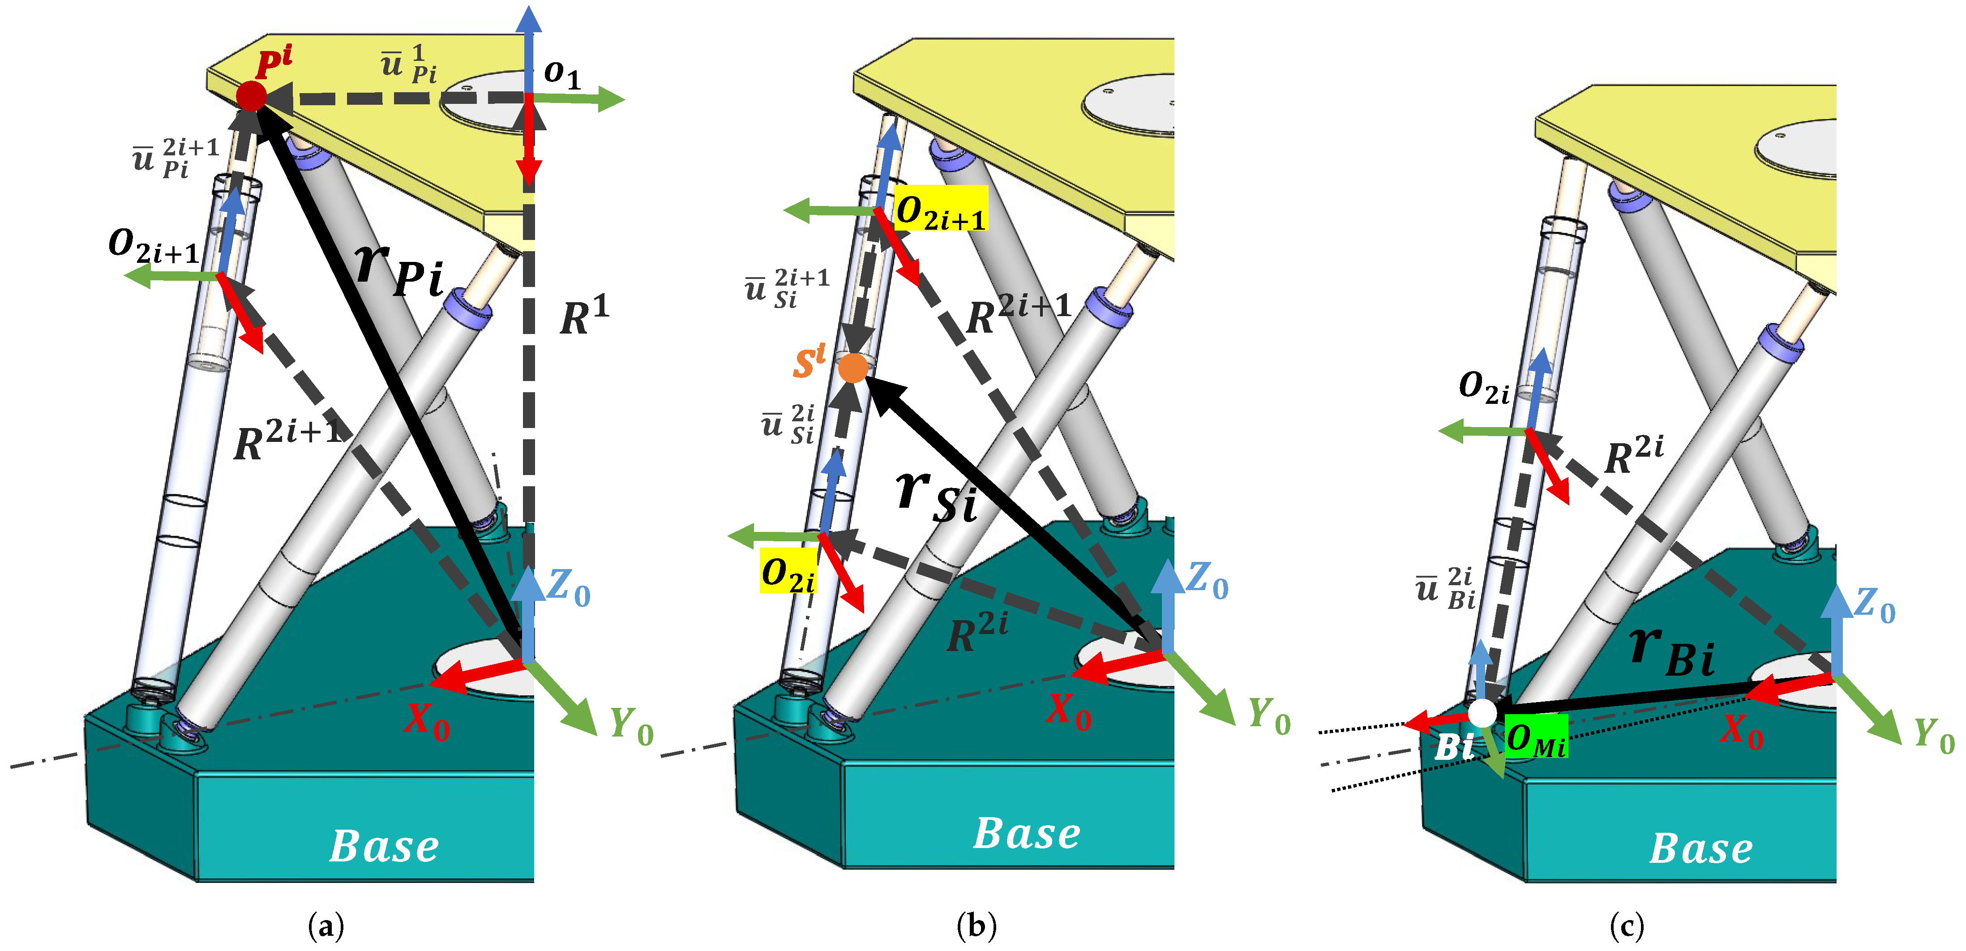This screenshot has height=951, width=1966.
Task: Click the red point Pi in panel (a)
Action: point(251,97)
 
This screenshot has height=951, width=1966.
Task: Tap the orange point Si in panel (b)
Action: point(852,368)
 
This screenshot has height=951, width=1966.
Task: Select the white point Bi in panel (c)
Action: point(1482,713)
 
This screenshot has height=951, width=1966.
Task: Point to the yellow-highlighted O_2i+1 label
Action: point(940,208)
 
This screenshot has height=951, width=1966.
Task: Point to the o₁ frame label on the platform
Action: point(562,73)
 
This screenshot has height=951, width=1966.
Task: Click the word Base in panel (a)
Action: point(384,846)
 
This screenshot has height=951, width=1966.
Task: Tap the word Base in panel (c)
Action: point(1701,848)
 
